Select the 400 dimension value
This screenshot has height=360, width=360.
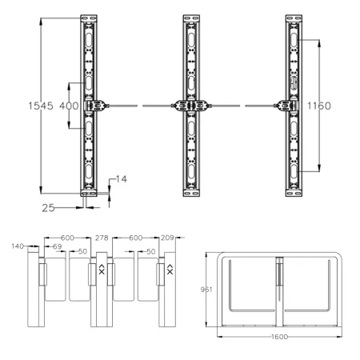(x=69, y=106)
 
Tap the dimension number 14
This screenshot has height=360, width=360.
(x=121, y=178)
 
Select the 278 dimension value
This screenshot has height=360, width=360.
(x=101, y=238)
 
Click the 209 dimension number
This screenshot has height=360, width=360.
(x=167, y=238)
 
